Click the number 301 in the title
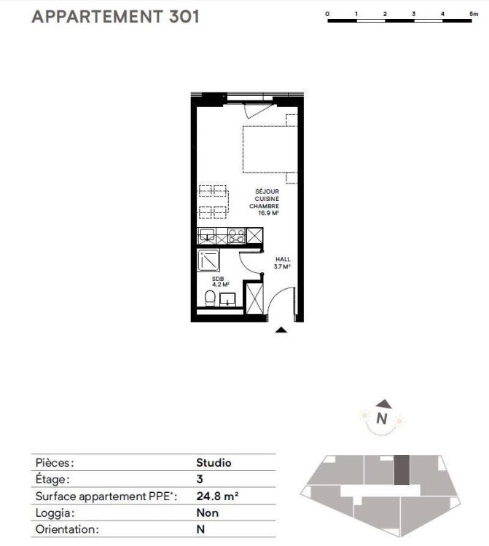click(x=184, y=17)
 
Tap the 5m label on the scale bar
click(x=474, y=14)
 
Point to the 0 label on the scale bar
click(x=327, y=14)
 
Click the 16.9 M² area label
click(x=268, y=213)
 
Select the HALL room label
click(x=283, y=259)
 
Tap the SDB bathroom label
click(x=218, y=279)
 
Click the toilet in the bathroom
click(x=210, y=298)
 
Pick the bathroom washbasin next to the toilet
click(x=228, y=299)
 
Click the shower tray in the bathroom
click(x=208, y=260)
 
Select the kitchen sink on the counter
click(x=207, y=236)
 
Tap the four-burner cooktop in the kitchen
click(x=237, y=236)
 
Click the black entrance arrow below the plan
click(x=281, y=330)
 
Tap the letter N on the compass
click(x=382, y=418)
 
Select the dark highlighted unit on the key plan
click(x=402, y=470)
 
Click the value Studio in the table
click(x=214, y=463)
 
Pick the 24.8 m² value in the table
click(x=217, y=496)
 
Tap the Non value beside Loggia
click(x=208, y=513)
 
